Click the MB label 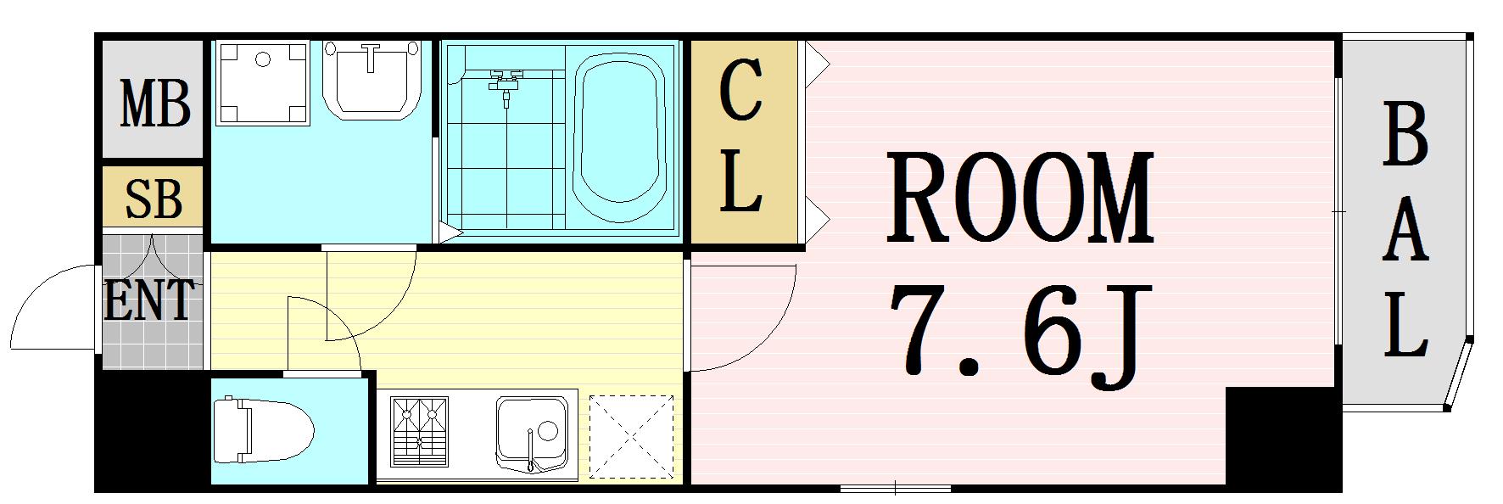coord(155,103)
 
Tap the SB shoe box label coord(154,199)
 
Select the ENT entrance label coord(149,299)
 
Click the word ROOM coord(1021,197)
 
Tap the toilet coord(262,431)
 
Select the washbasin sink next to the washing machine coord(372,81)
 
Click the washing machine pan coord(261,81)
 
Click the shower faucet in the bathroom coord(506,84)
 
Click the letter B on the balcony coord(1405,134)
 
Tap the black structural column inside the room coord(1282,438)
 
